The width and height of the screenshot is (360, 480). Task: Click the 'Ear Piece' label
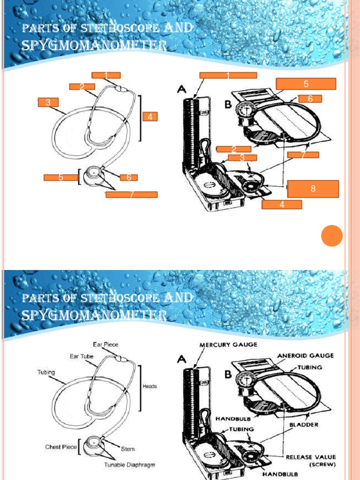tap(105, 345)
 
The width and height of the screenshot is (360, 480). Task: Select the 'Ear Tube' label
tap(82, 357)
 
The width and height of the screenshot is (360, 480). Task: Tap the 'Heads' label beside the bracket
tap(150, 386)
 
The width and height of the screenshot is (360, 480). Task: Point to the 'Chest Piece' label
tap(61, 447)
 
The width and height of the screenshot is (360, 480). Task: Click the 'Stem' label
tap(128, 449)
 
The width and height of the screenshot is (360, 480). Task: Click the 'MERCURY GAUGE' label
tap(228, 345)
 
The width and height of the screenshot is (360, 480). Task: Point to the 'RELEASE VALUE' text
tap(312, 457)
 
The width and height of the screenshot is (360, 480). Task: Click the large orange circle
tap(332, 235)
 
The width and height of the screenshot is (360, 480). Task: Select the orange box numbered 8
tap(313, 188)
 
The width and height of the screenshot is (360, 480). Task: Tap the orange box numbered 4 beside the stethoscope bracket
tap(150, 117)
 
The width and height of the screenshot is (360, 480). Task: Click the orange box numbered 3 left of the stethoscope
tap(48, 103)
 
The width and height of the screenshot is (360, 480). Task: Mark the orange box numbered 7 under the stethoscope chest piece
tap(132, 195)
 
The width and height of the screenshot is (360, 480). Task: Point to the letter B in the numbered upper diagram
tap(228, 105)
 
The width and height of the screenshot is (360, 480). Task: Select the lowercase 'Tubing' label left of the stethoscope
tap(46, 373)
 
